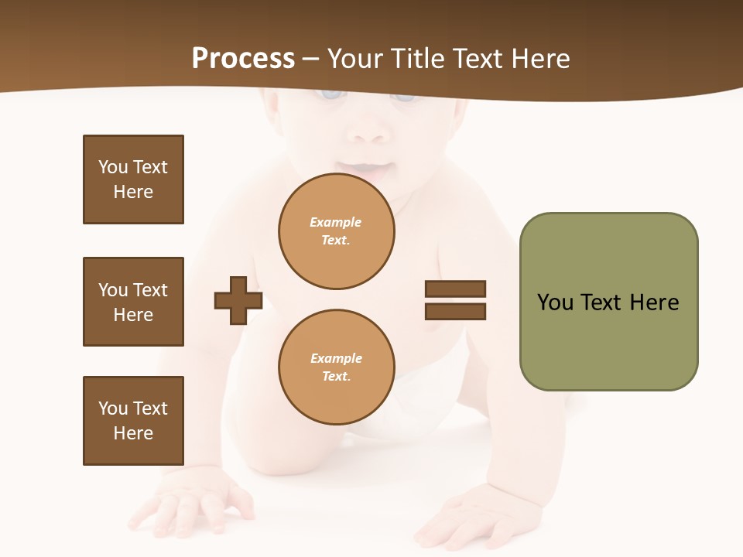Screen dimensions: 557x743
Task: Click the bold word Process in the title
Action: pos(243,59)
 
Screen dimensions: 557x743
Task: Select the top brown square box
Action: pos(133,179)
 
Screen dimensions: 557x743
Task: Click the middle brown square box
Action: pos(133,302)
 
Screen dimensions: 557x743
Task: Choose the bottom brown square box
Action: pos(133,421)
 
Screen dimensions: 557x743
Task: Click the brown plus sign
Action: pos(238,300)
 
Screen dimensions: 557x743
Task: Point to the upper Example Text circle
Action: pos(336,231)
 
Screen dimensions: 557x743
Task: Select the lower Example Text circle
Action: pos(336,367)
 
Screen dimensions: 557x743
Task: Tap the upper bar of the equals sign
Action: pos(455,289)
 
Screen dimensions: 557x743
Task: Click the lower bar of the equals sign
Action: pos(455,312)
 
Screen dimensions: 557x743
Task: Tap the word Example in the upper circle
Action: pos(335,223)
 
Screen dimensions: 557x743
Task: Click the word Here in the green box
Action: pos(654,302)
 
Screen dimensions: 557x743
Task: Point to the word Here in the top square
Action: pos(133,192)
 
